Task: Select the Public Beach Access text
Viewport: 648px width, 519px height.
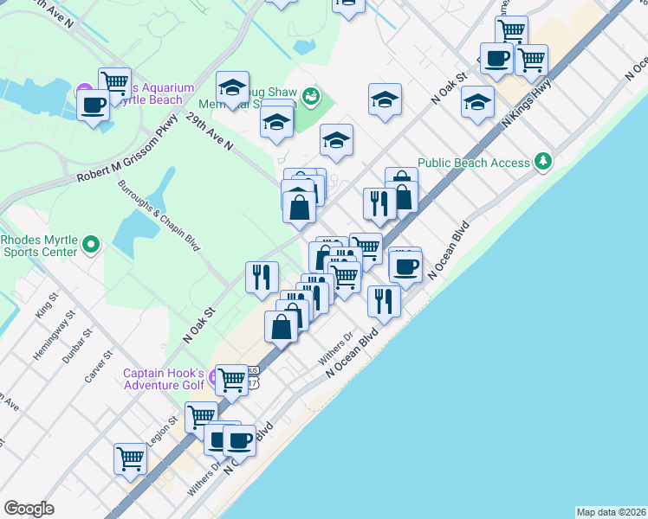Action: tap(473, 163)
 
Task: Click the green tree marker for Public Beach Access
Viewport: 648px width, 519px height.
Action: tap(542, 161)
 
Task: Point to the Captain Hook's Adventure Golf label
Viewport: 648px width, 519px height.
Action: tap(163, 380)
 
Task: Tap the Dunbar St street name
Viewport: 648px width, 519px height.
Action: tap(81, 344)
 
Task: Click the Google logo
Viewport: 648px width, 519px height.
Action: tap(29, 508)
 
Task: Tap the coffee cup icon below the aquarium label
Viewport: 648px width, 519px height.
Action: tap(94, 106)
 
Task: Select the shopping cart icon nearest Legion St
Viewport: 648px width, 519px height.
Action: tap(201, 417)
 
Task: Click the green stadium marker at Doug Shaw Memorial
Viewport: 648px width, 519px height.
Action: tap(310, 96)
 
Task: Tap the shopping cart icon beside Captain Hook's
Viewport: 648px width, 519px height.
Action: tap(231, 380)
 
